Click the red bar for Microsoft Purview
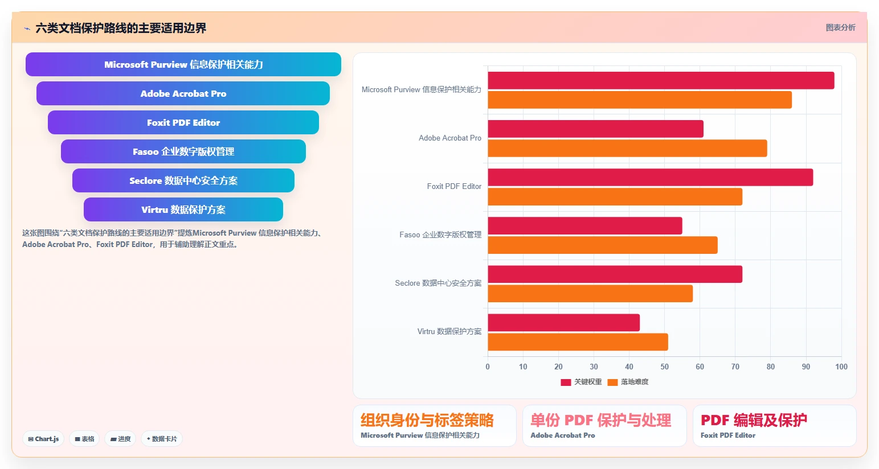click(x=661, y=80)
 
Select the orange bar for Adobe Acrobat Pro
click(x=627, y=148)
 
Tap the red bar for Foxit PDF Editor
click(x=650, y=177)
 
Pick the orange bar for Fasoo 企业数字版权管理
click(x=603, y=245)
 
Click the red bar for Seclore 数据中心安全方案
click(x=615, y=274)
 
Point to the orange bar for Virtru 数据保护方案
click(x=578, y=342)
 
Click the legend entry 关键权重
click(x=581, y=382)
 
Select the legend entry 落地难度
click(x=628, y=382)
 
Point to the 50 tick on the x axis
click(x=664, y=367)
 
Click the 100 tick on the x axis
click(x=841, y=367)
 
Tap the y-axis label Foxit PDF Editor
click(x=454, y=186)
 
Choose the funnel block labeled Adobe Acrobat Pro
click(x=183, y=93)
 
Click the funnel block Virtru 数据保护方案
click(x=183, y=209)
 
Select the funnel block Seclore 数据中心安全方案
click(x=183, y=180)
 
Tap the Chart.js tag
click(x=43, y=439)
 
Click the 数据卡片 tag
click(x=162, y=439)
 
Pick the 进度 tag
click(x=120, y=439)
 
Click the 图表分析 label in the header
click(x=840, y=27)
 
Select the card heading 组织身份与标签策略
click(x=427, y=420)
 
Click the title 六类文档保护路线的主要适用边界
click(x=121, y=28)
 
